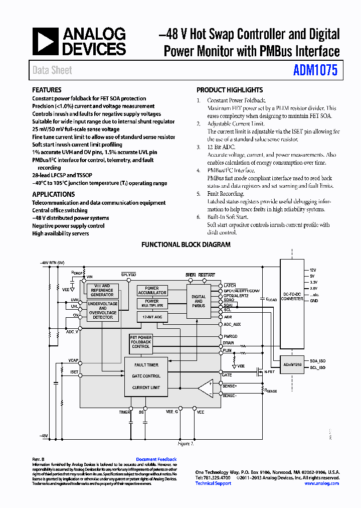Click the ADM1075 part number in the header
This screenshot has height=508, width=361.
pos(315,70)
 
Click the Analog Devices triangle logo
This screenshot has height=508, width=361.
pos(45,41)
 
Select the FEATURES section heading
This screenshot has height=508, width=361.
pos(47,90)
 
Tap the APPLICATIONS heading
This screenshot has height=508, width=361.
pos(53,194)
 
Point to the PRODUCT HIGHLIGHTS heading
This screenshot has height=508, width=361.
pos(229,90)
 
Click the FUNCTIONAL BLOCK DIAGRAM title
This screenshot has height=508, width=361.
pos(186,245)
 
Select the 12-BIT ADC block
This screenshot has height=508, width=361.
pos(152,317)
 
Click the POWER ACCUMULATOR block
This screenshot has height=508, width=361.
pos(152,291)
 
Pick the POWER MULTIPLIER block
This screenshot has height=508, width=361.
pos(152,304)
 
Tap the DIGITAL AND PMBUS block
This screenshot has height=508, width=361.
pos(199,301)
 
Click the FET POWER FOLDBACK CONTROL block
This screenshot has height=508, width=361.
pos(141,342)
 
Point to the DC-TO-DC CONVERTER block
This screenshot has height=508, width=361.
pos(292,296)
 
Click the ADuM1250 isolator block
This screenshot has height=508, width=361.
pos(292,364)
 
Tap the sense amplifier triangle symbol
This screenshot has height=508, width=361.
pos(205,389)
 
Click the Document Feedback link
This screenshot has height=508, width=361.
pos(156,459)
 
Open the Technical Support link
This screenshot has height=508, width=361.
pos(213,483)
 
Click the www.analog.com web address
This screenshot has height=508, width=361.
pos(321,483)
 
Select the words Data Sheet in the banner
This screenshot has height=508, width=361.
pos(52,70)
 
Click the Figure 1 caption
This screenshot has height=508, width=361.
pos(186,444)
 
